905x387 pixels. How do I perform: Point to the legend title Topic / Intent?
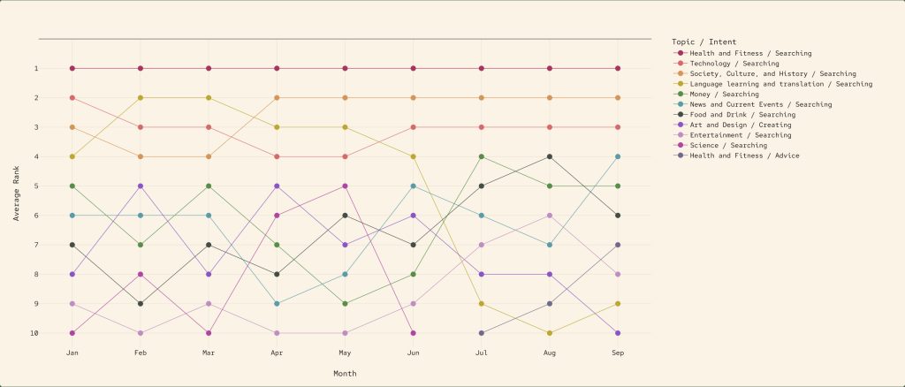click(703, 42)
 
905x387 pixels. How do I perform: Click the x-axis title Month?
click(345, 374)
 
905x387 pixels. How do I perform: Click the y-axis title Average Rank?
click(17, 186)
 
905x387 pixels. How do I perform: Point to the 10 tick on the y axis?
click(60, 333)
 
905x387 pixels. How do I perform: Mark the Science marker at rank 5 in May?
click(345, 186)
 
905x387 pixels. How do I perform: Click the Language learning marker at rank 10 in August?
click(550, 333)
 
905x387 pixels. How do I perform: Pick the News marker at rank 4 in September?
click(618, 156)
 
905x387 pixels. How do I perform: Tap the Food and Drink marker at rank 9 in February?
click(140, 304)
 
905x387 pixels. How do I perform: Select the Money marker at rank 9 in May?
click(345, 304)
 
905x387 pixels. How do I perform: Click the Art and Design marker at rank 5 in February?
click(140, 186)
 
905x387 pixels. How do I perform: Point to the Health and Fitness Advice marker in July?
click(481, 333)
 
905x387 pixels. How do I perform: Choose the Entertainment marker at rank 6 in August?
click(550, 216)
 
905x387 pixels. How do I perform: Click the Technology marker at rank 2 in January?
click(72, 97)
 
